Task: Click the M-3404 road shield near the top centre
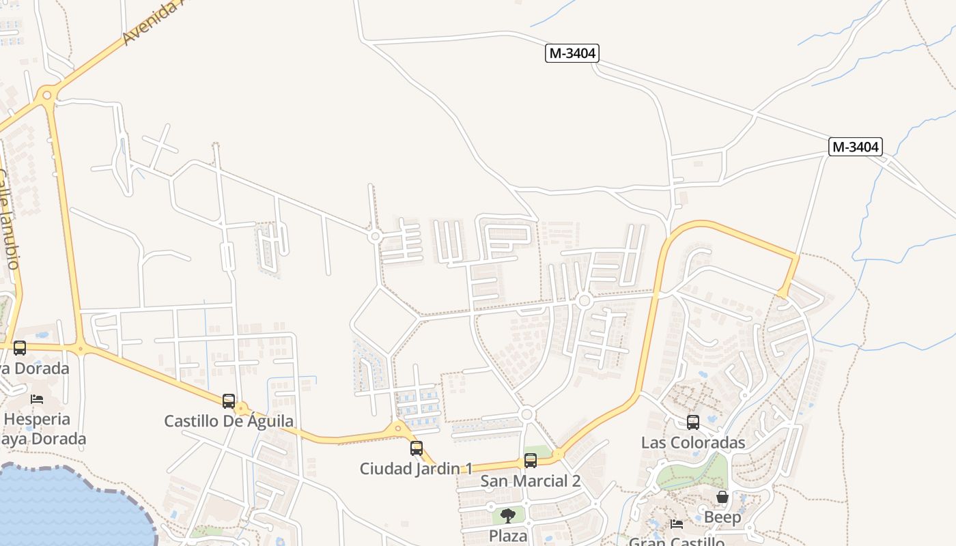[x=572, y=53]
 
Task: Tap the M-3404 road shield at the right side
[x=856, y=147]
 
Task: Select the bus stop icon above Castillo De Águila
[x=229, y=401]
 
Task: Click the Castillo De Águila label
[x=229, y=421]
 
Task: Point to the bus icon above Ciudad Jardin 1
[x=417, y=448]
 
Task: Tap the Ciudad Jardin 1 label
[x=416, y=469]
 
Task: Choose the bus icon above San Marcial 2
[x=531, y=461]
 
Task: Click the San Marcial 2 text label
[x=531, y=481]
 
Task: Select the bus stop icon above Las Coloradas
[x=693, y=422]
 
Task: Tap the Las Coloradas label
[x=693, y=442]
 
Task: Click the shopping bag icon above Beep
[x=722, y=497]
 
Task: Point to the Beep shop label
[x=722, y=517]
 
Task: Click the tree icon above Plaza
[x=507, y=516]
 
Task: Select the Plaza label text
[x=508, y=536]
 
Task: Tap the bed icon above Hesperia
[x=37, y=399]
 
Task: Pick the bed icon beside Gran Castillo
[x=677, y=524]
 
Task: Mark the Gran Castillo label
[x=676, y=542]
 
